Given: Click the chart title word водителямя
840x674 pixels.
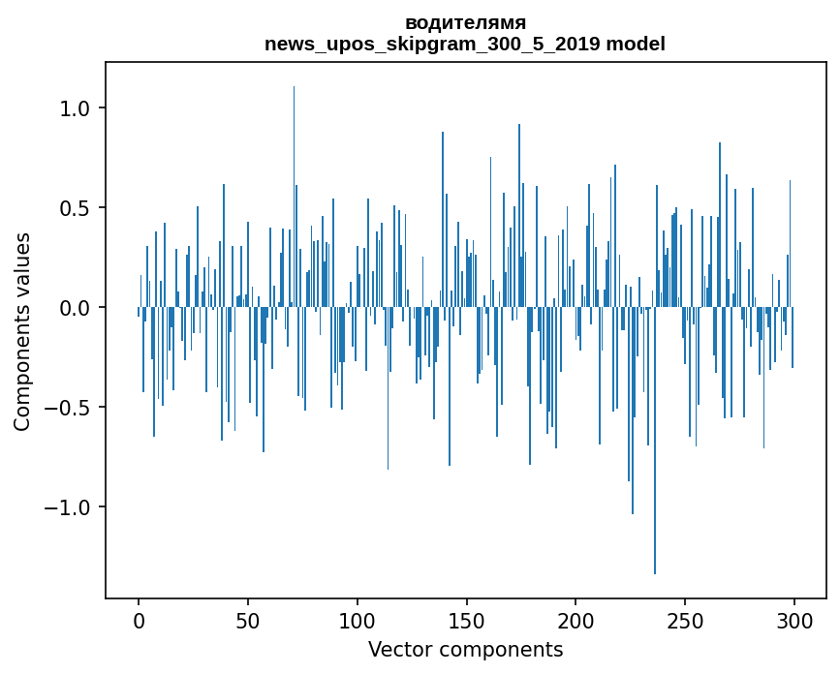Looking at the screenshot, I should click(x=465, y=23).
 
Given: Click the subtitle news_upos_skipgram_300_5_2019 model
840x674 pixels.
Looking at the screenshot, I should click(x=465, y=45).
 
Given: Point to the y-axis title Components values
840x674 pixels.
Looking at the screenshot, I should click(x=22, y=331).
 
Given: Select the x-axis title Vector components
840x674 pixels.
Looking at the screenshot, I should click(x=465, y=650).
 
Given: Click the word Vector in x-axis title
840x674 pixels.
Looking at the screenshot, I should click(x=397, y=650).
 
